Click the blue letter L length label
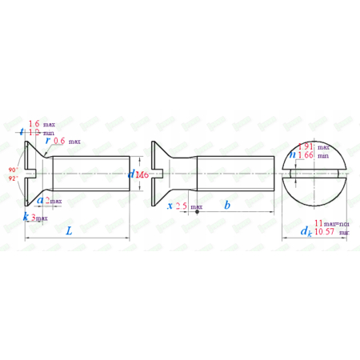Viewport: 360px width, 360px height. (x=69, y=231)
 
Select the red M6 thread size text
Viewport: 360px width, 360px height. (x=142, y=175)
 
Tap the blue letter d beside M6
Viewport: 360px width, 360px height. (x=131, y=175)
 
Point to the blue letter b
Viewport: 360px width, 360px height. (x=227, y=206)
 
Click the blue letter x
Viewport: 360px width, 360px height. (x=169, y=206)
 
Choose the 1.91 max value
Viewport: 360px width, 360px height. (x=306, y=146)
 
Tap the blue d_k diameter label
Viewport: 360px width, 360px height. (x=305, y=231)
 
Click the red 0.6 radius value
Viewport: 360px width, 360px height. (x=59, y=140)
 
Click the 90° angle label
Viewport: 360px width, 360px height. (x=13, y=170)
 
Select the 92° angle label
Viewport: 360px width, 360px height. (x=13, y=179)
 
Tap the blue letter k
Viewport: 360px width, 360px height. (x=26, y=216)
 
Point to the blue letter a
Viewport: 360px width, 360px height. (x=40, y=201)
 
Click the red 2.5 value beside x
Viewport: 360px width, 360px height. (x=182, y=206)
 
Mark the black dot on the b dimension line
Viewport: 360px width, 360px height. (x=197, y=212)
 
